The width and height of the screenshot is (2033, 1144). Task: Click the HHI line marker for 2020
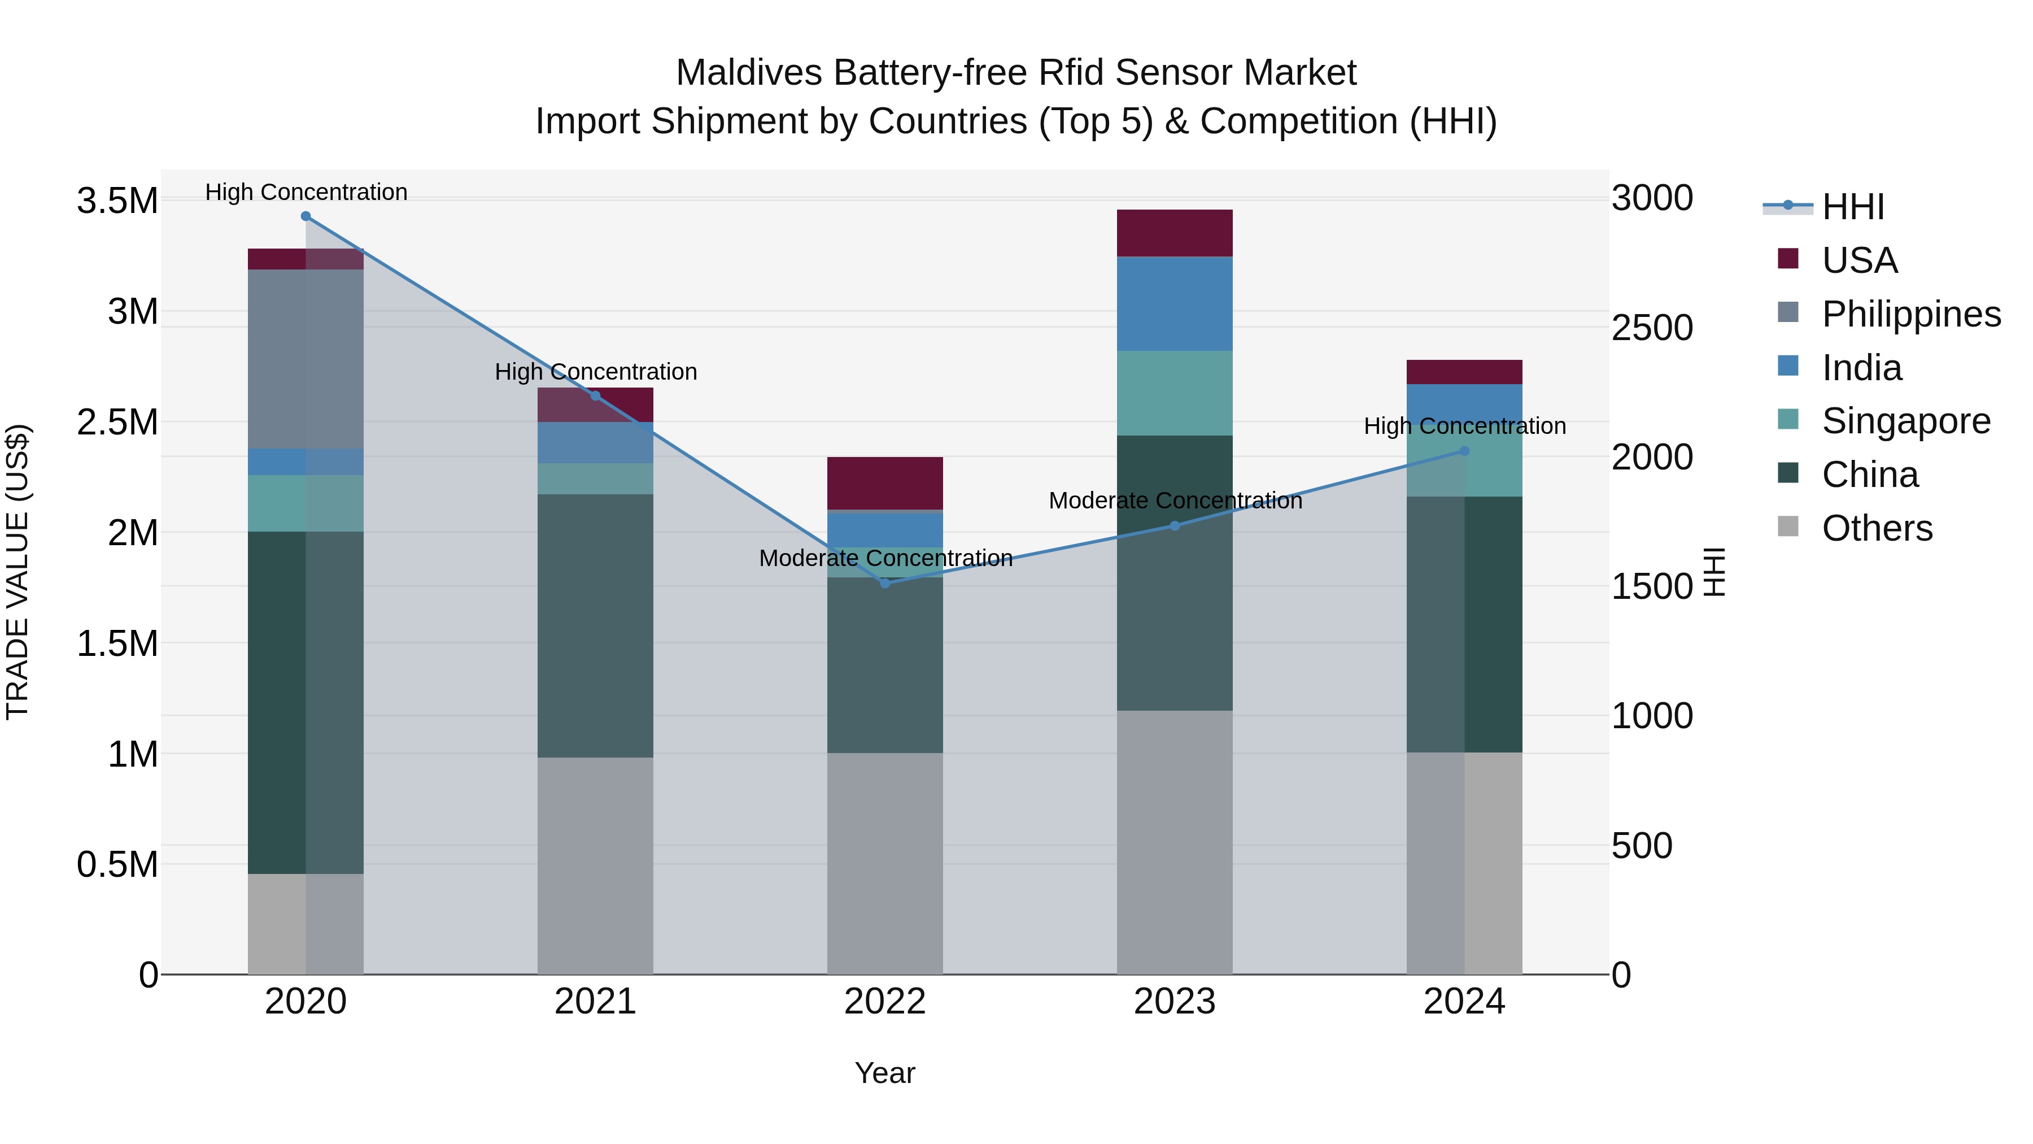[306, 216]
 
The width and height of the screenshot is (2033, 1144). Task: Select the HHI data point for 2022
[885, 584]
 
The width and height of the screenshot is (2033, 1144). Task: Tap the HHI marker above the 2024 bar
[1464, 451]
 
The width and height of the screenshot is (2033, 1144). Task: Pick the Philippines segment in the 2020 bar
[306, 359]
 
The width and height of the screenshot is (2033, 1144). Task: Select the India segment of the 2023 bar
[1175, 304]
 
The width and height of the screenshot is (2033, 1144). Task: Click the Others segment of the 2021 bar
[595, 865]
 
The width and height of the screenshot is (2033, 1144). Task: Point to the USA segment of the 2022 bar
[885, 483]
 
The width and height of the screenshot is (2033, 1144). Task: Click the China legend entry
[1869, 475]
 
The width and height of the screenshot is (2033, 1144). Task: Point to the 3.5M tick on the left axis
[117, 201]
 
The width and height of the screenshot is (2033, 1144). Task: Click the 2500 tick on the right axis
[1652, 328]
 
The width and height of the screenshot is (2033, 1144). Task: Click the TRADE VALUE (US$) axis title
[18, 572]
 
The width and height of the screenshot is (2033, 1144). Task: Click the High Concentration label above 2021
[595, 372]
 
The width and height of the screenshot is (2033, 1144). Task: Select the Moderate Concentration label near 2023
[1175, 501]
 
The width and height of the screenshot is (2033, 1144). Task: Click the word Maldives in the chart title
[748, 73]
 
